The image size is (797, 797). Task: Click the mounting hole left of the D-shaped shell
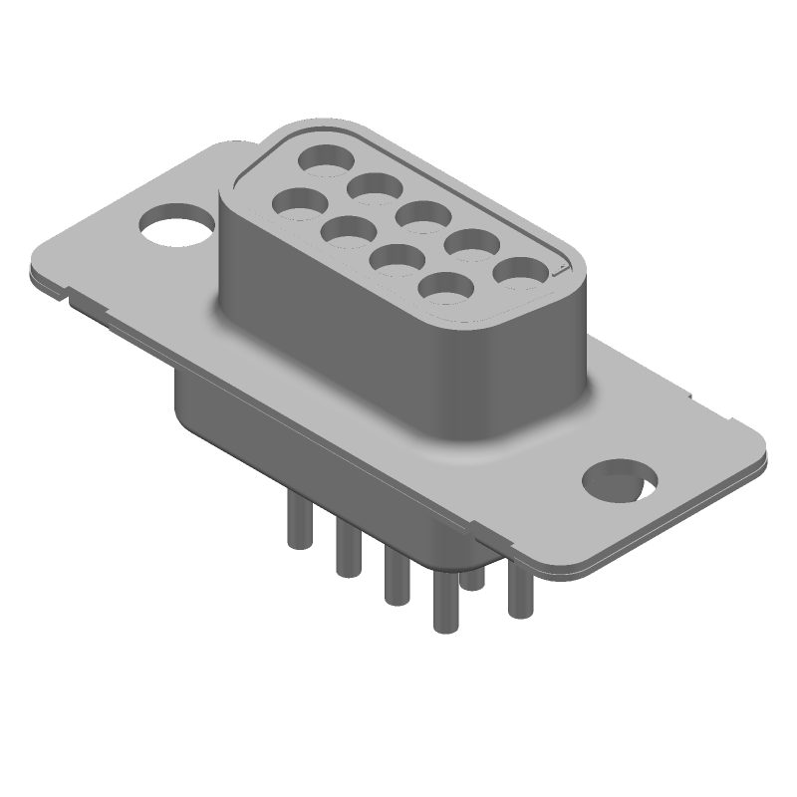pos(176,224)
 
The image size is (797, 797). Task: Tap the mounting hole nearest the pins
pos(619,480)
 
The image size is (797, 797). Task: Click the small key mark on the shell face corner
pos(561,268)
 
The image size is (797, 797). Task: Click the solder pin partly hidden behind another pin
pos(475,576)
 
